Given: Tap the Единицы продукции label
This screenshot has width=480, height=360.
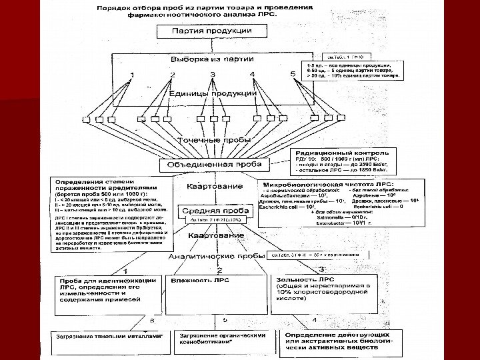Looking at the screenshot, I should tap(213, 93).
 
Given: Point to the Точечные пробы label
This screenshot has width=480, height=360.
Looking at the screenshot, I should tap(213, 141).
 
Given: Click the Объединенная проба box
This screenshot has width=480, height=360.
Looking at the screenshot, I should tap(213, 164).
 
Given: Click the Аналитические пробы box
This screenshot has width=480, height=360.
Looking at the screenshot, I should tap(213, 255).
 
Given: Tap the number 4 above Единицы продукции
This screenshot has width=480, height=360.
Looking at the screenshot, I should tap(253, 73).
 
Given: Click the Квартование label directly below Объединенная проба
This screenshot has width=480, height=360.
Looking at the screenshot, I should tap(205, 187).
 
